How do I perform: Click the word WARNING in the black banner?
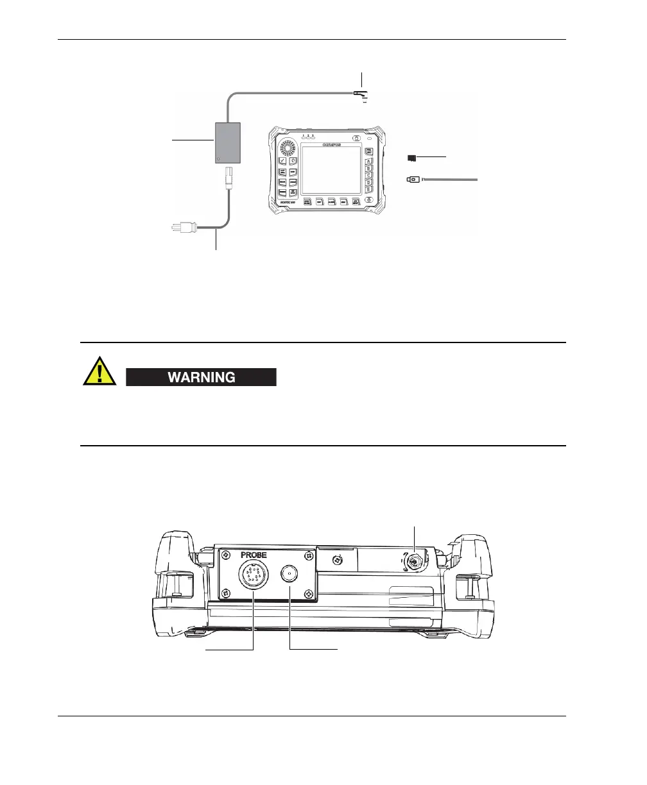pyautogui.click(x=201, y=377)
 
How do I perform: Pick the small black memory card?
pyautogui.click(x=411, y=157)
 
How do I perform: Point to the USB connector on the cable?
pyautogui.click(x=413, y=180)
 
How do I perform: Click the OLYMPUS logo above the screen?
pyautogui.click(x=331, y=138)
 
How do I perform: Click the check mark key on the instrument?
pyautogui.click(x=282, y=161)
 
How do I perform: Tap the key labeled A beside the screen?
pyautogui.click(x=369, y=162)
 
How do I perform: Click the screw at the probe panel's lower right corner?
pyautogui.click(x=311, y=593)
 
